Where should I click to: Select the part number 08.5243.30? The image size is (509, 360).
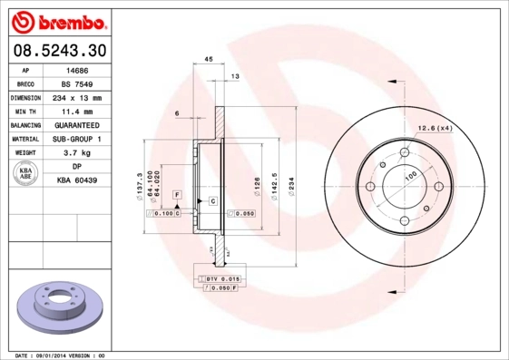pos(56,51)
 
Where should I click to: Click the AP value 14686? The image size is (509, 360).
pos(77,69)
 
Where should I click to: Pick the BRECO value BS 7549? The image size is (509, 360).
pos(77,83)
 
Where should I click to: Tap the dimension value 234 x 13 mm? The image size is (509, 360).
pos(77,97)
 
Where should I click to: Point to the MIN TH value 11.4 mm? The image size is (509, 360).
pos(77,111)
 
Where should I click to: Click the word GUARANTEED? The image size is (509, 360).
pos(77,125)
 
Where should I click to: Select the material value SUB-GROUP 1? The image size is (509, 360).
pos(77,139)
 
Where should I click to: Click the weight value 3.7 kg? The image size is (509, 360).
pos(77,153)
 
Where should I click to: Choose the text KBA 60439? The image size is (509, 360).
pos(77,181)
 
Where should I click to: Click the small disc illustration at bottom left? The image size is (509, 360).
pos(56,309)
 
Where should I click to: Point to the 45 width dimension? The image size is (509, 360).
pos(208,59)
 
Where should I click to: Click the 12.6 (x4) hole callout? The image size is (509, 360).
pos(435,128)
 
